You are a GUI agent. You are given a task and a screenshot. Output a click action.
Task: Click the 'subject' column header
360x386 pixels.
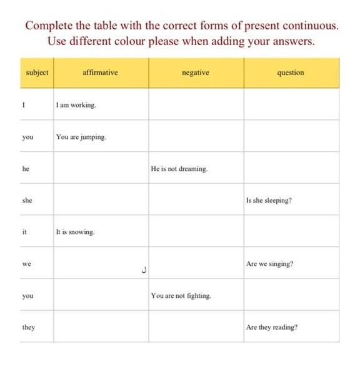tap(37, 73)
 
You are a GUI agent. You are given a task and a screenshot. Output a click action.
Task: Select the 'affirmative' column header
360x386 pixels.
tap(100, 73)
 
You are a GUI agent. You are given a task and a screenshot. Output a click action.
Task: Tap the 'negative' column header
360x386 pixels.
tap(195, 73)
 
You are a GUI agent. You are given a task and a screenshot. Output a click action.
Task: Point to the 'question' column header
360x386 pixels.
tap(291, 73)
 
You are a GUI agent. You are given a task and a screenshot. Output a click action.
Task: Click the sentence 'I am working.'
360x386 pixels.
tap(76, 105)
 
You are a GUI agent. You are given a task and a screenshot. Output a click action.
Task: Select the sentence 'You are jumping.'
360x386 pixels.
tap(81, 137)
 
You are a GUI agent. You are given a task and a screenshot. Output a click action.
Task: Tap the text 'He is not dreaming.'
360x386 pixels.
tap(179, 169)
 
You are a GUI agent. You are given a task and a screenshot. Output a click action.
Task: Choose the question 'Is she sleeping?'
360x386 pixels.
tap(269, 201)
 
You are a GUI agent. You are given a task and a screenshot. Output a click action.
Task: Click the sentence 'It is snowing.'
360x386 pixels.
tap(75, 232)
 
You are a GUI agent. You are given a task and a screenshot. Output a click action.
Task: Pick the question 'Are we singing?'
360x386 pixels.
tap(269, 264)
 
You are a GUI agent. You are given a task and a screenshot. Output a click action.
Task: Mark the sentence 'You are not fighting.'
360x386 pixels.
tap(181, 296)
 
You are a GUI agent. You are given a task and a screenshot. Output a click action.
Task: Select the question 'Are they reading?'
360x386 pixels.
tap(272, 327)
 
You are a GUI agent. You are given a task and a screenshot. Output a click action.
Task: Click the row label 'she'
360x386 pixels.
tap(27, 201)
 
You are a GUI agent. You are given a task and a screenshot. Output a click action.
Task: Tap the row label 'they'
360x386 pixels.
tap(28, 327)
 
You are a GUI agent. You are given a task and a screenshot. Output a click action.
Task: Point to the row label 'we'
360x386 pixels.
tap(26, 264)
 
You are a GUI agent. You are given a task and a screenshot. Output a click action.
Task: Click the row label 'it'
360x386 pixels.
tap(24, 232)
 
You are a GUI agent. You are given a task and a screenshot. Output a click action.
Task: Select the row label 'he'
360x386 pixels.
tap(26, 169)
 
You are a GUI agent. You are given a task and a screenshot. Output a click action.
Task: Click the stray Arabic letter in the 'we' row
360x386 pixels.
tap(144, 271)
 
